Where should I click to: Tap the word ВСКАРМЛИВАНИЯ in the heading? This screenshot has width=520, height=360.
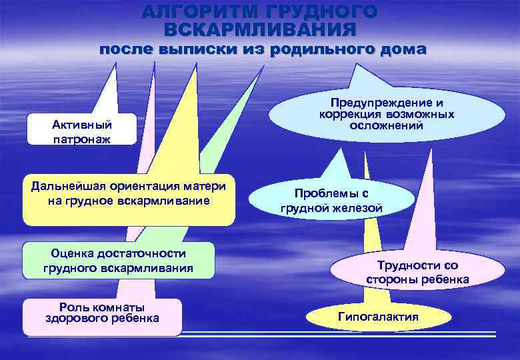pyautogui.click(x=260, y=29)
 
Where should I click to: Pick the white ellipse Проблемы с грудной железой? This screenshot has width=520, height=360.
pyautogui.click(x=331, y=201)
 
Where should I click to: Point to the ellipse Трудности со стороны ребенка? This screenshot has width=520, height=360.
pyautogui.click(x=417, y=272)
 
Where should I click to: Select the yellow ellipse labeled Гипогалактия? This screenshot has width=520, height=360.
pyautogui.click(x=378, y=317)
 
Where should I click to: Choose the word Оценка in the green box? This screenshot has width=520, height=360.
pyautogui.click(x=75, y=253)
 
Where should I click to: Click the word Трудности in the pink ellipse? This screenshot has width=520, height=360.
pyautogui.click(x=409, y=265)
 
